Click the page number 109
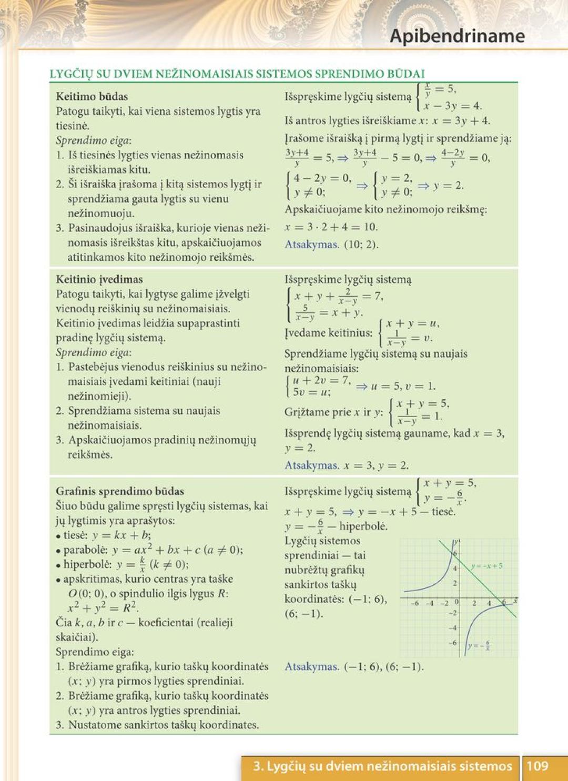coord(537,766)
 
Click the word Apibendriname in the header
coord(457,36)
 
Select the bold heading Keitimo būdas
coord(92,96)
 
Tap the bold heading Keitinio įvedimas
coord(99,279)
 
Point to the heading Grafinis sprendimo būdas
coord(120,491)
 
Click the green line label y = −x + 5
coord(486,566)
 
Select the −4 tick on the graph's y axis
coord(452,627)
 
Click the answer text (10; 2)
coord(361,245)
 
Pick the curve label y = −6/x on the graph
coord(479,645)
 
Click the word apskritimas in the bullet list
coord(93,579)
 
